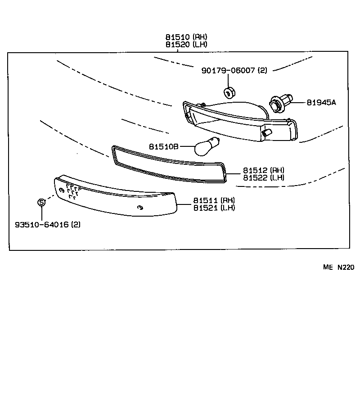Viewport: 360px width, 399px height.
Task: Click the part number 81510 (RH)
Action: click(186, 37)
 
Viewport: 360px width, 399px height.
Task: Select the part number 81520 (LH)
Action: click(186, 44)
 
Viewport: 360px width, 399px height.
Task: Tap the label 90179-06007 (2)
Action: click(234, 70)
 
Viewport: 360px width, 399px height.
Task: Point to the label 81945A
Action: click(321, 103)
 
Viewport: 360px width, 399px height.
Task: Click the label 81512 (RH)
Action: click(264, 170)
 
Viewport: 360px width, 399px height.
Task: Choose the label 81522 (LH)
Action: click(264, 177)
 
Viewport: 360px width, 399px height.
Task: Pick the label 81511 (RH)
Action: click(214, 200)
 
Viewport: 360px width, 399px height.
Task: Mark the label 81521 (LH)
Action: click(214, 208)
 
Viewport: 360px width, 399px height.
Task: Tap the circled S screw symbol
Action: click(41, 203)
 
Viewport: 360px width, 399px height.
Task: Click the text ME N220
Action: click(338, 267)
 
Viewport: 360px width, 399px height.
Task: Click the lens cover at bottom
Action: click(112, 198)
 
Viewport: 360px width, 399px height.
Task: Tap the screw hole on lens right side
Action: click(140, 207)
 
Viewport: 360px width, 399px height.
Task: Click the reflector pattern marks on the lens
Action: click(72, 192)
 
